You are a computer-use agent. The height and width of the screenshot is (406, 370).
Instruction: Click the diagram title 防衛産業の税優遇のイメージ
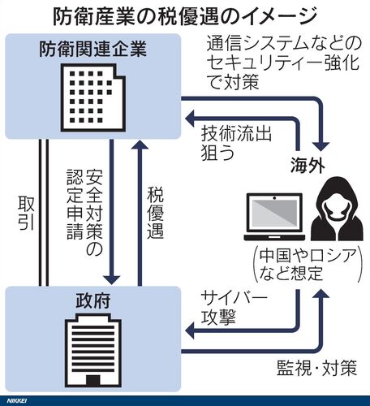click(185, 16)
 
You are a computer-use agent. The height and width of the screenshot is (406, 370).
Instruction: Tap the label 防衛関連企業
click(92, 49)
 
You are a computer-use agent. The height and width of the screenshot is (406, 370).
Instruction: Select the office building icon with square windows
click(92, 97)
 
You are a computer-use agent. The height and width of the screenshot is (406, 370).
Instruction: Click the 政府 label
click(92, 300)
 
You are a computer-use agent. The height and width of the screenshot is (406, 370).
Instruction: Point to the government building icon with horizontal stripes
click(92, 350)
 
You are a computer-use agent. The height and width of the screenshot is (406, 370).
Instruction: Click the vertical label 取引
click(26, 213)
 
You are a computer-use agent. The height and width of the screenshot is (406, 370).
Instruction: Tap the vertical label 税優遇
click(155, 214)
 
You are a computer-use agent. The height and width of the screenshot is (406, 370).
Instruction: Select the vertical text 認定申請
click(75, 205)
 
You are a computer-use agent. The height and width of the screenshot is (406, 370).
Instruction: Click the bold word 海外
click(308, 165)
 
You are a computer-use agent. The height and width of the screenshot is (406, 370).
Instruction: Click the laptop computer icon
click(274, 217)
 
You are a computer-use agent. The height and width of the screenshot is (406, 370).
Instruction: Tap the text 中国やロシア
click(308, 255)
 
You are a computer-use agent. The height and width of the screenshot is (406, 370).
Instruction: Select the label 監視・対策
click(317, 367)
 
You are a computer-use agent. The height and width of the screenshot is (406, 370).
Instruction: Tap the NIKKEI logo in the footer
click(17, 400)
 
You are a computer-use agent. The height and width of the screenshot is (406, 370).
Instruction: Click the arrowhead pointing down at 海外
click(321, 146)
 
